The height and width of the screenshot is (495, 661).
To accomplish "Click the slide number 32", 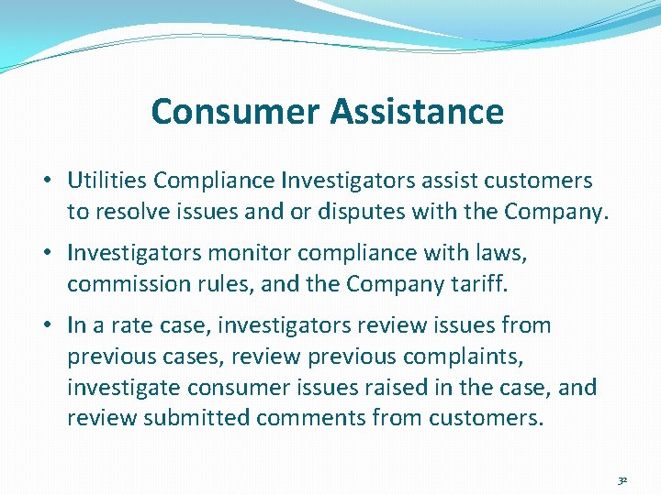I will tap(622, 479).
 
